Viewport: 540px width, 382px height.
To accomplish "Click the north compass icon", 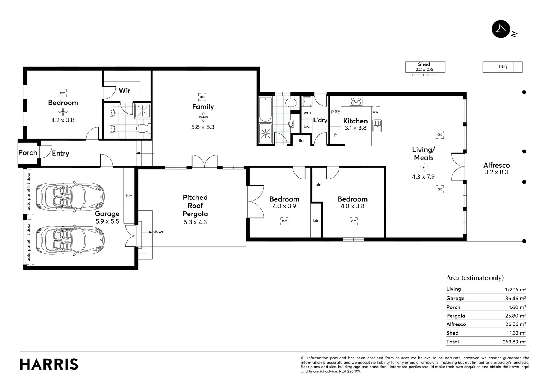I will pyautogui.click(x=501, y=29).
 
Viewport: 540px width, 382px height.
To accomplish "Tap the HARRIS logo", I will pyautogui.click(x=49, y=364).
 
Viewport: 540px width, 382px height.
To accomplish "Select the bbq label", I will pyautogui.click(x=503, y=66).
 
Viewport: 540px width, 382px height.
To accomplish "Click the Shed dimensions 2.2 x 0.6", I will pyautogui.click(x=424, y=70).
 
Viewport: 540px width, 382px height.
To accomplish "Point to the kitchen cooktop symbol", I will pyautogui.click(x=356, y=101).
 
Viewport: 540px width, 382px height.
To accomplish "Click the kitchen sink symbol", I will pyautogui.click(x=377, y=126).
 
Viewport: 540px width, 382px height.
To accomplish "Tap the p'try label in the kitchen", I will pyautogui.click(x=335, y=111).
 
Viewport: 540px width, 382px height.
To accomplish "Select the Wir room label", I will pyautogui.click(x=124, y=91).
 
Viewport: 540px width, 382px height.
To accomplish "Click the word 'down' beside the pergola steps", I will pyautogui.click(x=159, y=232).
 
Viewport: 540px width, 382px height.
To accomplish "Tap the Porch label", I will pyautogui.click(x=28, y=153).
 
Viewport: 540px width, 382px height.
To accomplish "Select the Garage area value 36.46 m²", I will pyautogui.click(x=515, y=299).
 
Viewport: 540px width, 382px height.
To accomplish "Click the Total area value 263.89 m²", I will pyautogui.click(x=514, y=342).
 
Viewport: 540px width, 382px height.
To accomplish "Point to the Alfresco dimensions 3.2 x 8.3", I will pyautogui.click(x=497, y=173).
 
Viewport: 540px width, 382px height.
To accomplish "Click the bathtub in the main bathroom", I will pyautogui.click(x=265, y=109).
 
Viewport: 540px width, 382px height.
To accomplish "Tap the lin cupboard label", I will pyautogui.click(x=301, y=141).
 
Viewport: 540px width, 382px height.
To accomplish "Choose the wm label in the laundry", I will pyautogui.click(x=307, y=113).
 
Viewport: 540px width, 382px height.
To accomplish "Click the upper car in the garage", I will pyautogui.click(x=71, y=197).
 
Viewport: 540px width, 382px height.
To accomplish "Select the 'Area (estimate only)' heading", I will pyautogui.click(x=475, y=278).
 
